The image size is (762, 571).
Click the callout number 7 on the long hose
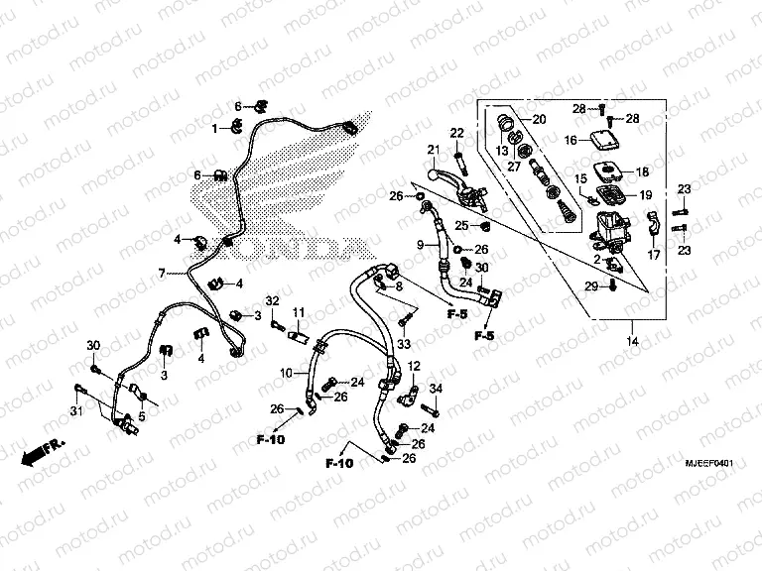pos(160,273)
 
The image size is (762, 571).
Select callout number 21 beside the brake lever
pos(433,151)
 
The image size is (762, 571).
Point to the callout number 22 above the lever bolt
pos(457,133)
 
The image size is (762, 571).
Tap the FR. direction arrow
pos(42,451)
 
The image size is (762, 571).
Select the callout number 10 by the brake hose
pos(283,374)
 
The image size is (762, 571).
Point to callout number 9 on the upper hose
pos(420,245)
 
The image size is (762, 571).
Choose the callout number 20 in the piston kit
pos(539,120)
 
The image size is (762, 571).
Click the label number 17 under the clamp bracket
pos(653,256)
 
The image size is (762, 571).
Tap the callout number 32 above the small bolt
pos(270,300)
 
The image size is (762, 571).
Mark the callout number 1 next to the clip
pos(213,129)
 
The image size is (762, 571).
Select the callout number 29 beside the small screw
pos(588,286)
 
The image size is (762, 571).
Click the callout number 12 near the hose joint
pos(415,366)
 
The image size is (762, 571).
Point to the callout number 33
pos(404,344)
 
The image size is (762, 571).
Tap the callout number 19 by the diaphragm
pos(645,195)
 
